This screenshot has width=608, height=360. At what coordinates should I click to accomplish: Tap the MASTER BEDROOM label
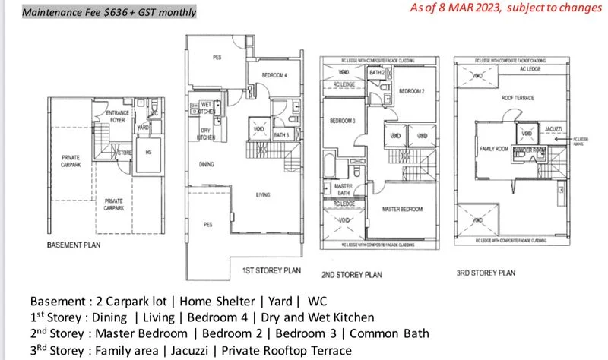click(402, 207)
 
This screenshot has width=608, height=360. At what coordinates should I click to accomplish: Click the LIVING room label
click(264, 195)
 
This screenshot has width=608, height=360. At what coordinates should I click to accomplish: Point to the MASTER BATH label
click(340, 190)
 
